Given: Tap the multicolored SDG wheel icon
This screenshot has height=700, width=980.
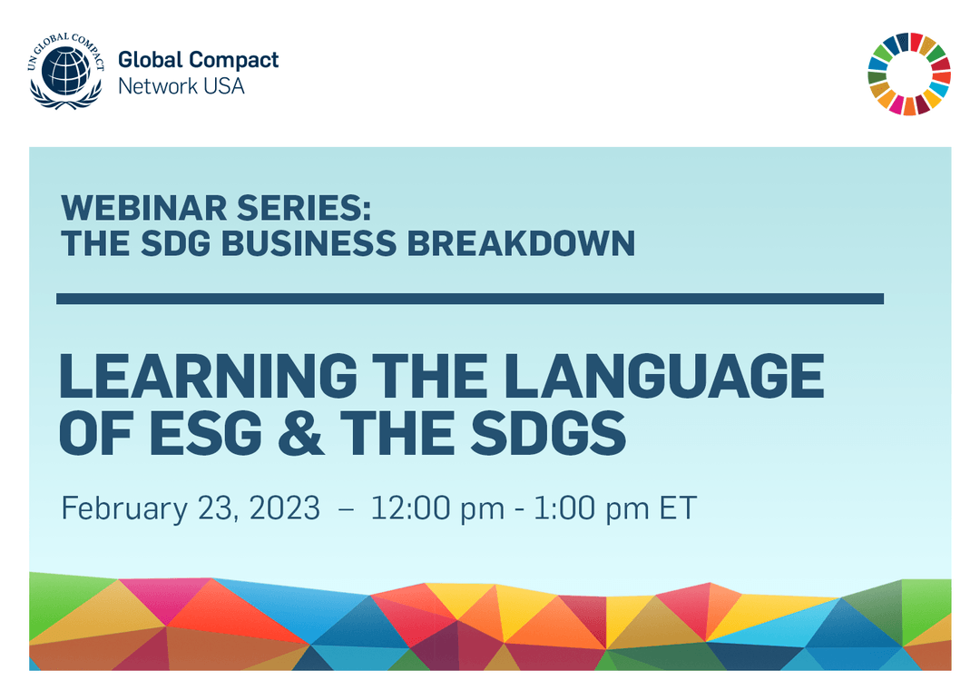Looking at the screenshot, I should coord(909,74).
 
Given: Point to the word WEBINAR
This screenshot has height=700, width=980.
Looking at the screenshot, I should coord(128,209).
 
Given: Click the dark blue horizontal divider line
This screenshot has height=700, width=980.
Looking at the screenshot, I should coord(470,298).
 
